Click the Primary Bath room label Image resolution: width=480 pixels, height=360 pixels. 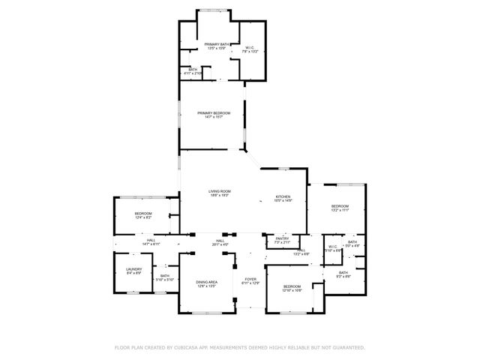pyautogui.click(x=217, y=47)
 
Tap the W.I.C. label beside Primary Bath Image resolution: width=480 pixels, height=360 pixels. pyautogui.click(x=250, y=49)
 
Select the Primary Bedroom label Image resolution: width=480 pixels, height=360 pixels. pyautogui.click(x=214, y=115)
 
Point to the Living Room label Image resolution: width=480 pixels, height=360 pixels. pyautogui.click(x=220, y=193)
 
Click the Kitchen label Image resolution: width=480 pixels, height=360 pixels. pyautogui.click(x=282, y=198)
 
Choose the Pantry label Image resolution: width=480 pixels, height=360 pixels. pyautogui.click(x=282, y=241)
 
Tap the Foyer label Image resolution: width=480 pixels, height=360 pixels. pyautogui.click(x=250, y=281)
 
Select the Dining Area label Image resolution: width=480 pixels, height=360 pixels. pyautogui.click(x=206, y=284)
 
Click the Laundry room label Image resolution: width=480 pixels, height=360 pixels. pyautogui.click(x=133, y=271)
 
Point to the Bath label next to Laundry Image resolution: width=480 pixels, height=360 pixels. pyautogui.click(x=165, y=277)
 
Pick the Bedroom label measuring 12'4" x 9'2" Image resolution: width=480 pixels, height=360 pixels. pyautogui.click(x=143, y=216)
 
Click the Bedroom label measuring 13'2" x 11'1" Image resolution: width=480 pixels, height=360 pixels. pyautogui.click(x=340, y=208)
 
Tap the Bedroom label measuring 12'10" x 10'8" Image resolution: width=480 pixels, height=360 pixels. pyautogui.click(x=292, y=288)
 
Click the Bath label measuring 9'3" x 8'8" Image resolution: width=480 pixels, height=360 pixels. pyautogui.click(x=343, y=274)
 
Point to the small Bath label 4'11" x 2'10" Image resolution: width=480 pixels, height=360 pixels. pyautogui.click(x=193, y=72)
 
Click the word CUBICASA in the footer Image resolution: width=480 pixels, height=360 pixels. pyautogui.click(x=189, y=348)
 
